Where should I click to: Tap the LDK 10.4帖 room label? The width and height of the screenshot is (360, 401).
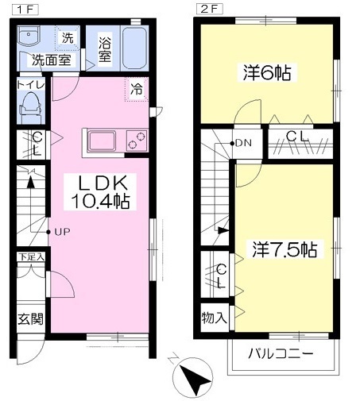pyautogui.click(x=99, y=191)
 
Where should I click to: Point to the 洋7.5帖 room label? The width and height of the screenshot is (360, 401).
pyautogui.click(x=285, y=249)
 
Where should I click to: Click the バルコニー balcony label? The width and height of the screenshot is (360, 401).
pyautogui.click(x=281, y=353)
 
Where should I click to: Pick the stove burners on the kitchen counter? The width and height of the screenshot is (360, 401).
pyautogui.click(x=138, y=141)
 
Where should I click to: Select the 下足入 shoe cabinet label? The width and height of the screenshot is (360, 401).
pyautogui.click(x=31, y=257)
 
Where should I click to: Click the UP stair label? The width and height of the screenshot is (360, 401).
pyautogui.click(x=63, y=232)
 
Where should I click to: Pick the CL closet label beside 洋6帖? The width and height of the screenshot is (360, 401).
pyautogui.click(x=298, y=136)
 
